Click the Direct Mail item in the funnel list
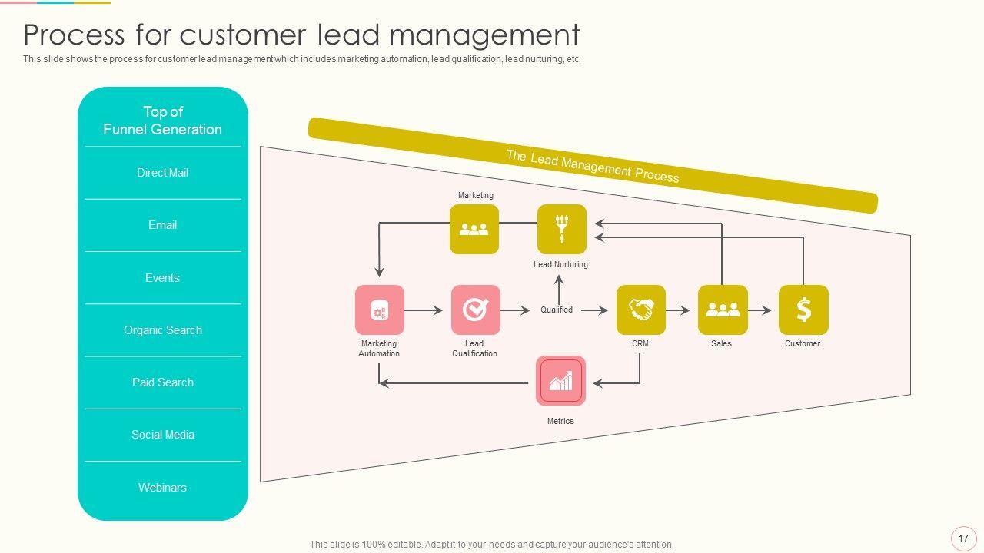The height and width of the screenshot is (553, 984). (162, 173)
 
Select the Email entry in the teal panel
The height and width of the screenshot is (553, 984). (162, 225)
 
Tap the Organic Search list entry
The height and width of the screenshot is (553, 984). (162, 330)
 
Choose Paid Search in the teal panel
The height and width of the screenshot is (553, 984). (162, 382)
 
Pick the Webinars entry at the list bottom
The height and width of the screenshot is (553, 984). (162, 488)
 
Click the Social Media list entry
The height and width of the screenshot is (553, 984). (162, 435)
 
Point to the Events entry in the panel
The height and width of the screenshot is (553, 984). (162, 278)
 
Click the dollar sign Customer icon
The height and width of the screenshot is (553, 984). (803, 310)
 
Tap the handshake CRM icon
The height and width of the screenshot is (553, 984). (641, 310)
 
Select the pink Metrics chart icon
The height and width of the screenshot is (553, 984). (560, 381)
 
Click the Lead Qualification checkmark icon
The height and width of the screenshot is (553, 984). (475, 310)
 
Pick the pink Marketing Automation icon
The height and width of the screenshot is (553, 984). (379, 310)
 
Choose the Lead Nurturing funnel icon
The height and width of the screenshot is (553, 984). (561, 229)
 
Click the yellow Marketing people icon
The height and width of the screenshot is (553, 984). (474, 229)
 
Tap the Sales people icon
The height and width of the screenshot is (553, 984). (723, 310)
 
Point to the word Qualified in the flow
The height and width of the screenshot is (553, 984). (557, 310)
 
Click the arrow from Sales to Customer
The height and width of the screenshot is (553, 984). (760, 310)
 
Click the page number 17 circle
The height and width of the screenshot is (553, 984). (963, 538)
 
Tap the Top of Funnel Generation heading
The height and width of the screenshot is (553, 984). (162, 121)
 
